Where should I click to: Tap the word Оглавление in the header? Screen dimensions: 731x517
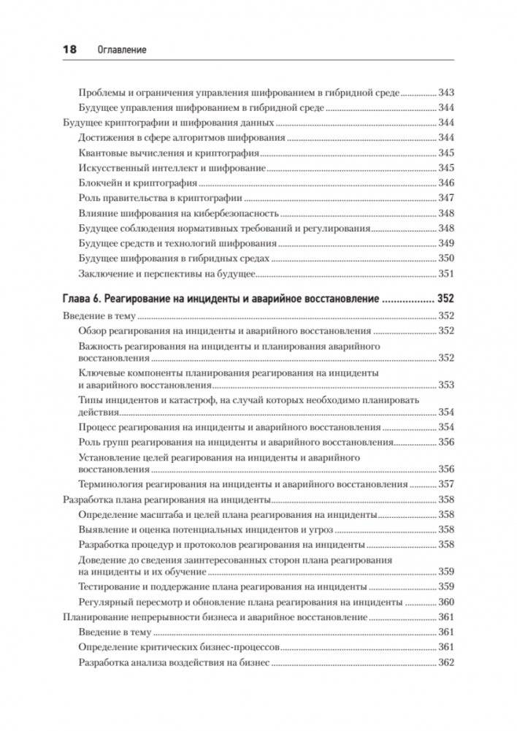pyautogui.click(x=121, y=50)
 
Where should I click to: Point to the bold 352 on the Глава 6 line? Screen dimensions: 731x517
pyautogui.click(x=445, y=298)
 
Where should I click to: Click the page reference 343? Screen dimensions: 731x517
pyautogui.click(x=445, y=93)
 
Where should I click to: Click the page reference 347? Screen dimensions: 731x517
pyautogui.click(x=445, y=198)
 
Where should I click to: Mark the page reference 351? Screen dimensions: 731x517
pyautogui.click(x=445, y=273)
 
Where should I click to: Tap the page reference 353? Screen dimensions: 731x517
pyautogui.click(x=445, y=385)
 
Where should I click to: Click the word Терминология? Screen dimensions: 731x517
pyautogui.click(x=111, y=484)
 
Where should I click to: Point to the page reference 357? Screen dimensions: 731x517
pyautogui.click(x=445, y=484)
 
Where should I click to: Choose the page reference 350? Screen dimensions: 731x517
pyautogui.click(x=445, y=258)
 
